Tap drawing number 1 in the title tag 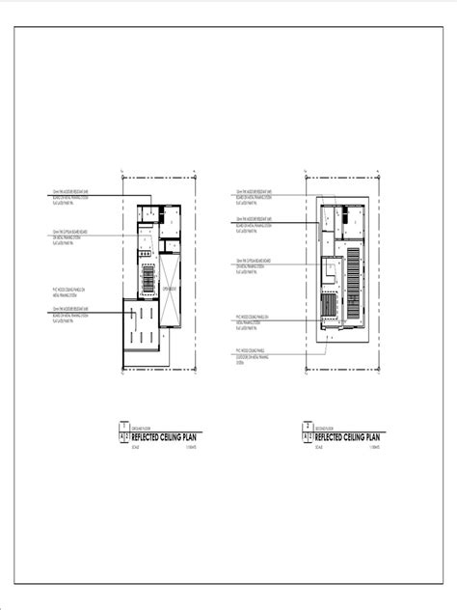tap(122, 426)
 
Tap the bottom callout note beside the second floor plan tap(252, 353)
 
